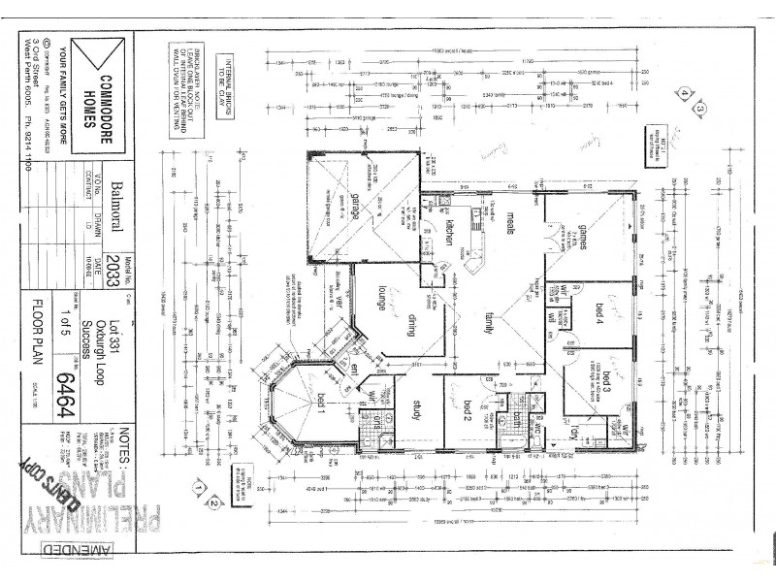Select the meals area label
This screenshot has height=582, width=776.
pyautogui.click(x=508, y=225)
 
